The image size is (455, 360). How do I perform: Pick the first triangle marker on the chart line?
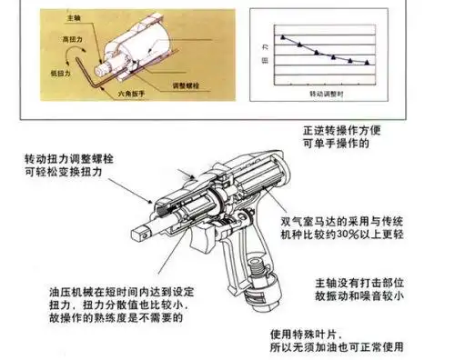[283, 37]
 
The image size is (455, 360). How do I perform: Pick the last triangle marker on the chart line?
[367, 62]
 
